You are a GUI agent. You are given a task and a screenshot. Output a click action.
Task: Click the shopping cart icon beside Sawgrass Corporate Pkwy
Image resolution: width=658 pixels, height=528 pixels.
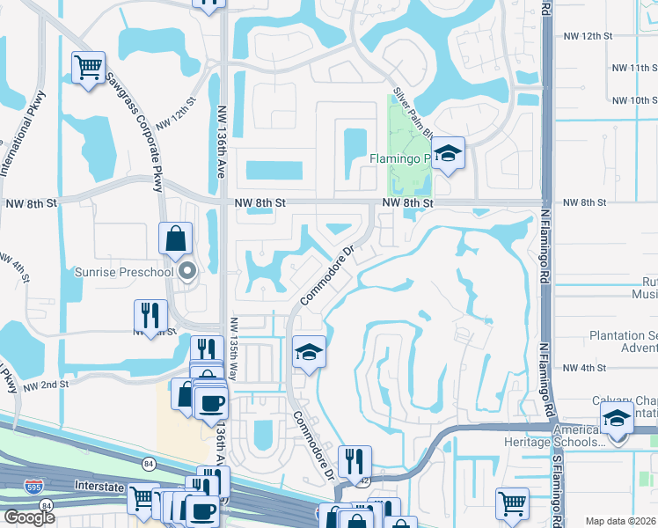click(88, 68)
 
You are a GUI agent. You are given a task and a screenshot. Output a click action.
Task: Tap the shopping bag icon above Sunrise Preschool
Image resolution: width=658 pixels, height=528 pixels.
click(176, 238)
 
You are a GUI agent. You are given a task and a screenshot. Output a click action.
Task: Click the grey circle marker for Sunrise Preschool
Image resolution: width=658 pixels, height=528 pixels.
click(186, 272)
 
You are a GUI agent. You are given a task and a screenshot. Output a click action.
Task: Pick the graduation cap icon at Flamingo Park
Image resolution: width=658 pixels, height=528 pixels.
click(448, 155)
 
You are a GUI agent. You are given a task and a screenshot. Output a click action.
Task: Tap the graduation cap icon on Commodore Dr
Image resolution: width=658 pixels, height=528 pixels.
click(309, 352)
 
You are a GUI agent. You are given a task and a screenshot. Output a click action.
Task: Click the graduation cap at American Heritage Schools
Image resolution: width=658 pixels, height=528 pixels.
click(617, 417)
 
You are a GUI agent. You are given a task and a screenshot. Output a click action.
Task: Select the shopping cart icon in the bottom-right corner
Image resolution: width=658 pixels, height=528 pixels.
click(511, 504)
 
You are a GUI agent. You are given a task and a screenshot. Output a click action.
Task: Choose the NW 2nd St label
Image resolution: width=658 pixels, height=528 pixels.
click(46, 385)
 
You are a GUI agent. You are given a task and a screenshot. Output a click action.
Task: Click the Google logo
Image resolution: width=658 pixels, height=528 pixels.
click(29, 517)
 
